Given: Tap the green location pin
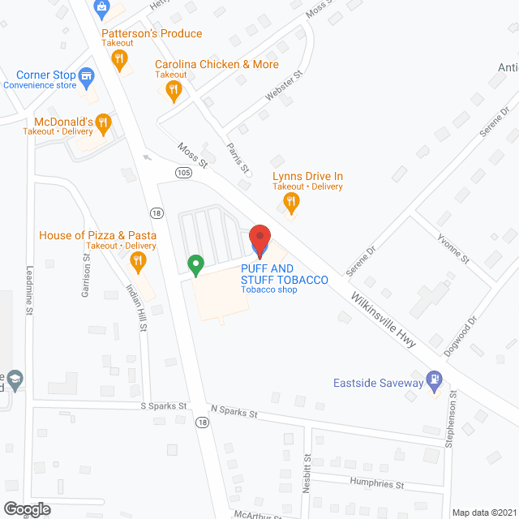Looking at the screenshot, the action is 195,264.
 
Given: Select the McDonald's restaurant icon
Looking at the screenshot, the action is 103,123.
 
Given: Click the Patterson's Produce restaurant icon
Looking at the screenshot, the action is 119,58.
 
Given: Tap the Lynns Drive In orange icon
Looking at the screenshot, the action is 293,200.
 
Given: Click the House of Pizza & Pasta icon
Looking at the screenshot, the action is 137,261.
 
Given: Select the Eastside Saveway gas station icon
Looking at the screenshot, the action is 435,379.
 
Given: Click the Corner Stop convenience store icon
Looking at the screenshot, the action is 87,76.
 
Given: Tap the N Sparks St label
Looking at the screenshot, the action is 234,412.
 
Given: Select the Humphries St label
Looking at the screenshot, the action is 376,485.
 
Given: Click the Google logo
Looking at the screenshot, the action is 26,508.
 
